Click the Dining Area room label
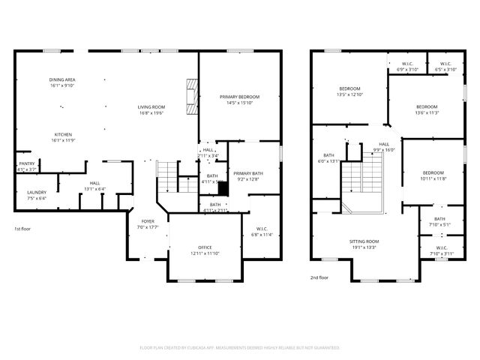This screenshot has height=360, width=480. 62,82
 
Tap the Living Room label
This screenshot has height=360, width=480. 151,109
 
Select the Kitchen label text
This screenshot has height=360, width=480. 62,137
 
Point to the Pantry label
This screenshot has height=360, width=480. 26,167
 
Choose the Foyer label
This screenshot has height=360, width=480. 148,224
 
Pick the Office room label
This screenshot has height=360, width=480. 204,250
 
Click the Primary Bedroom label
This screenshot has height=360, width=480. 240,100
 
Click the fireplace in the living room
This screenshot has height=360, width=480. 192,98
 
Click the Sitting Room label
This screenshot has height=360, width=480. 364,244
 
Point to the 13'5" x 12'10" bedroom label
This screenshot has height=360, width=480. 349,92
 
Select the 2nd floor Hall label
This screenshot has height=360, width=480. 384,146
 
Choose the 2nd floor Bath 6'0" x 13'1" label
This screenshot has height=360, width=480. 328,158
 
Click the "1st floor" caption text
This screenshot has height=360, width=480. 23,229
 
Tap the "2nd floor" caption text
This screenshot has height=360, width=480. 319,277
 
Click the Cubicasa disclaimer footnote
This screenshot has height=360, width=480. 240,348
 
